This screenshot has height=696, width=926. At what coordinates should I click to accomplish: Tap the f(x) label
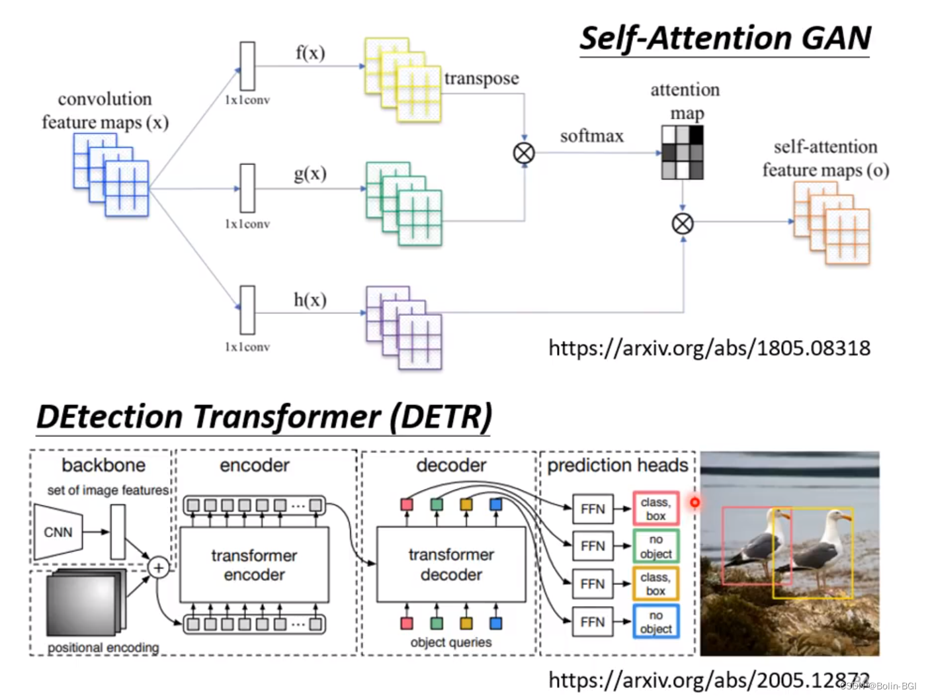pos(310,53)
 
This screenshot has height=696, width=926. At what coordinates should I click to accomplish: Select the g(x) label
pos(310,174)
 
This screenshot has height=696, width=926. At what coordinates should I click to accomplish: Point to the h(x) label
pos(310,300)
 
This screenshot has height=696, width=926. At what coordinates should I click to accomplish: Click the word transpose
pos(482,79)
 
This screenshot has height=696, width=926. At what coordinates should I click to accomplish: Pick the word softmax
pos(591,136)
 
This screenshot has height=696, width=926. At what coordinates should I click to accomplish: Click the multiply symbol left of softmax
pos(524,153)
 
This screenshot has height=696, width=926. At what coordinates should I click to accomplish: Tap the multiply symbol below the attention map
pos(682,224)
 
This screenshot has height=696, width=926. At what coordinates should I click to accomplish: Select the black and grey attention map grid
pos(682,152)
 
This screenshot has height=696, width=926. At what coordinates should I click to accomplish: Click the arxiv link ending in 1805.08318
pos(709,349)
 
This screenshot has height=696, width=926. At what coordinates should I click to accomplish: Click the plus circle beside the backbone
pos(159,568)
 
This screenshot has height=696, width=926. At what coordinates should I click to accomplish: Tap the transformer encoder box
pos(254,564)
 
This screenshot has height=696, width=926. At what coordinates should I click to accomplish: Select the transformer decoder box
pos(451,564)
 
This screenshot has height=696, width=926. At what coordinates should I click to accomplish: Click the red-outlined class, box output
pos(655,508)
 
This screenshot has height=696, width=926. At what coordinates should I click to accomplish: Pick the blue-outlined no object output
pos(655,621)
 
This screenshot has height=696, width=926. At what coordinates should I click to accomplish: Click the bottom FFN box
pos(592,621)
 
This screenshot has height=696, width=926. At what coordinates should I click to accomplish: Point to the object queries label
pos(450,642)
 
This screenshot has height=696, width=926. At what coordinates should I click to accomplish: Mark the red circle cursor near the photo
pos(694,502)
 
